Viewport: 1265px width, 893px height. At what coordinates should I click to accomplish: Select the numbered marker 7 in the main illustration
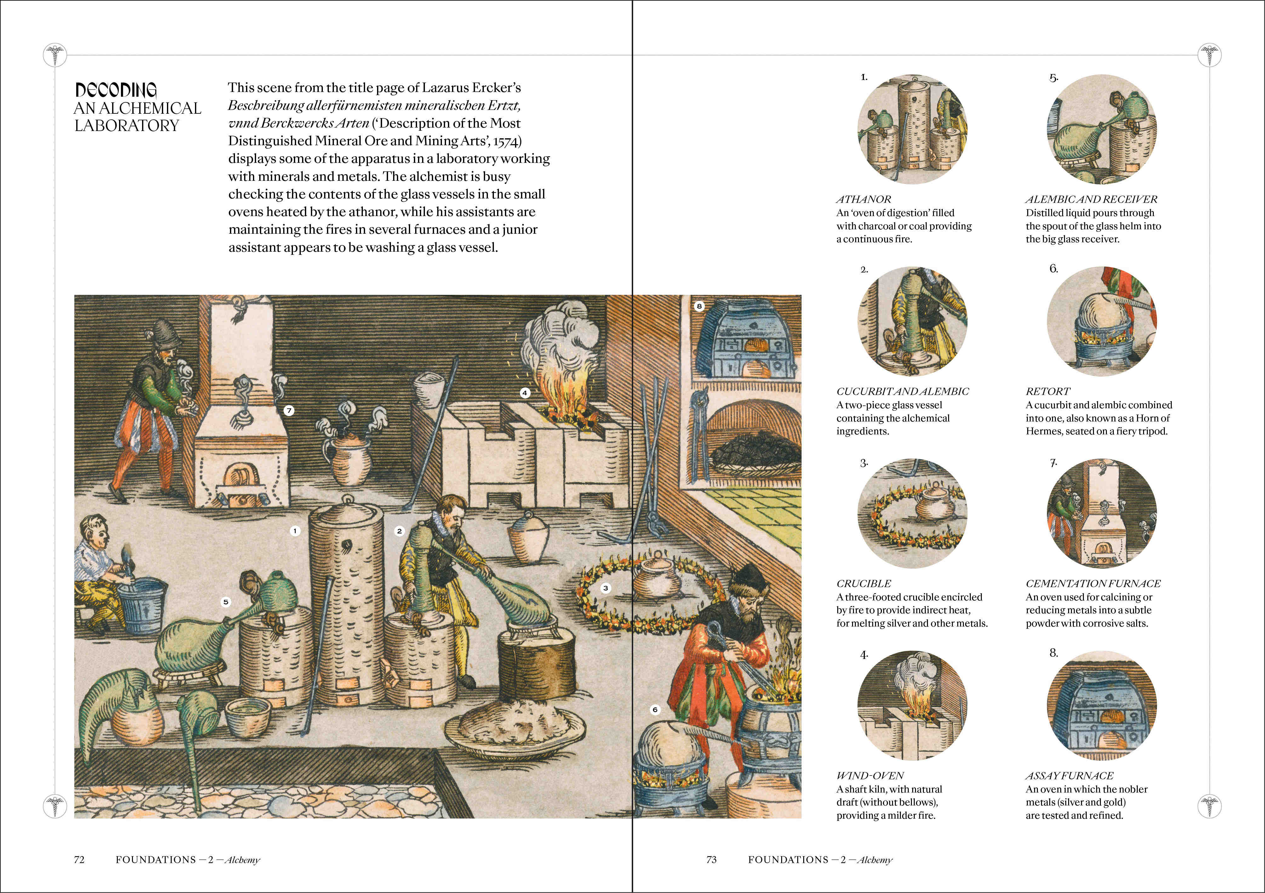click(x=289, y=410)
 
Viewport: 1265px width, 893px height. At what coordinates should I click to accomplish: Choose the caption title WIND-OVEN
click(x=870, y=776)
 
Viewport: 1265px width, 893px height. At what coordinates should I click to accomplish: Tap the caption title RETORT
click(x=1047, y=392)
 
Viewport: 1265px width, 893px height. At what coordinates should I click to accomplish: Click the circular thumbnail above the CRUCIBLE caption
click(x=912, y=513)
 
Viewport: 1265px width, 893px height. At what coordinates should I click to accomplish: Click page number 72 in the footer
click(x=79, y=859)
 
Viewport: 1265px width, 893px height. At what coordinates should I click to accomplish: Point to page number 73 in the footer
click(x=711, y=859)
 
